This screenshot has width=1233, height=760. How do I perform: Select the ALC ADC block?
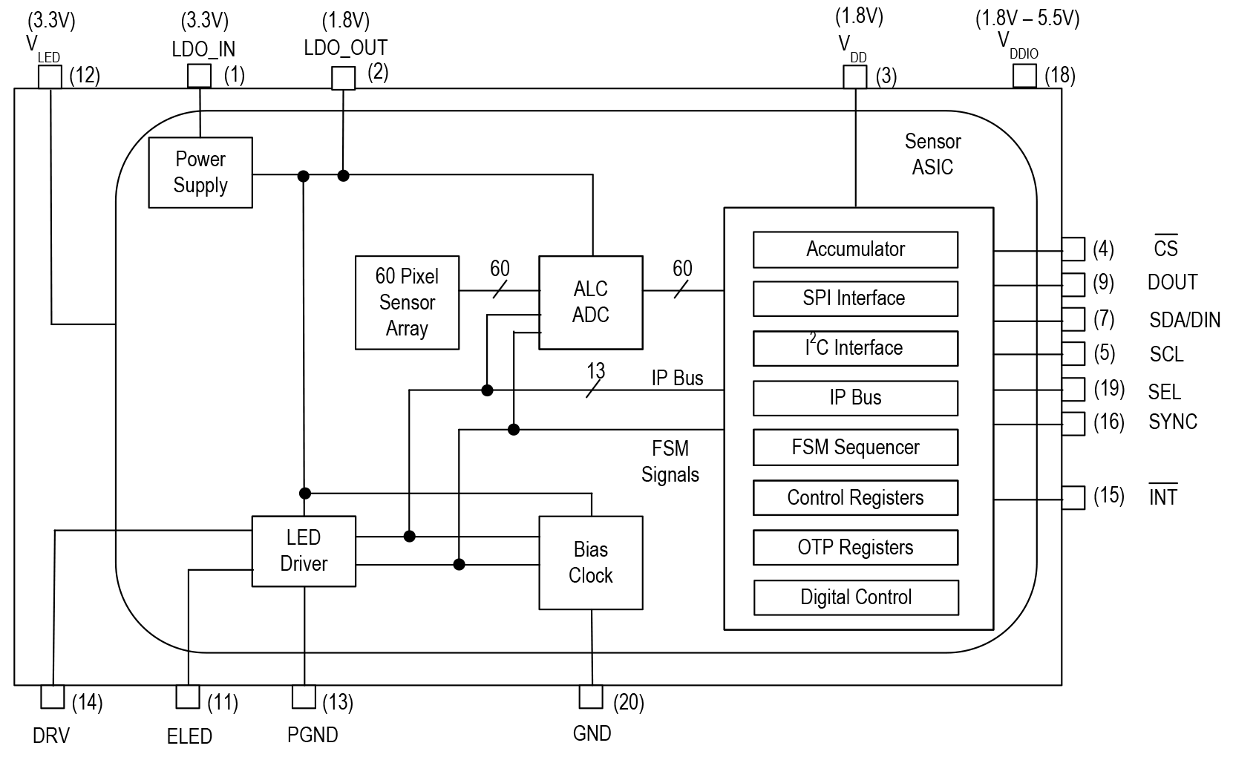point(590,302)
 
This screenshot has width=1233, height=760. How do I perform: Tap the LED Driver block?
point(304,551)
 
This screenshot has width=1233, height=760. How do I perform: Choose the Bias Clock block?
point(590,563)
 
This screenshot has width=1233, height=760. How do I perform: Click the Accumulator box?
point(855,249)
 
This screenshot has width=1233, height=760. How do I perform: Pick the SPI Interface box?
point(855,298)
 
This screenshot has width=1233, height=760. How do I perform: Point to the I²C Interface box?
point(855,348)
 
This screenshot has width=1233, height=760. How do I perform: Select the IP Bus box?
point(855,398)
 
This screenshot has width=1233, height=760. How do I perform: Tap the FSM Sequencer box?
point(855,448)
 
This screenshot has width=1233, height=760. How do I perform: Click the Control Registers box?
point(855,497)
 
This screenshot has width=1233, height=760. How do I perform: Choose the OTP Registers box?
point(855,548)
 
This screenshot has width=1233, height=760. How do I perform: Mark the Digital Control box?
point(855,597)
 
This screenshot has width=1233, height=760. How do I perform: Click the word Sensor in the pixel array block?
point(407,303)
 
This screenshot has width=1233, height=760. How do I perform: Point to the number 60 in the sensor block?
point(385,277)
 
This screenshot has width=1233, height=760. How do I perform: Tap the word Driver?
point(304,564)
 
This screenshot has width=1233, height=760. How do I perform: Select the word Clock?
point(590,576)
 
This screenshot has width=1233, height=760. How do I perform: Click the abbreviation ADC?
point(590,315)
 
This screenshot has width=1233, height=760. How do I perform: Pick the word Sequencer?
point(876,448)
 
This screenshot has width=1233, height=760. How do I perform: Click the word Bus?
point(866,398)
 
